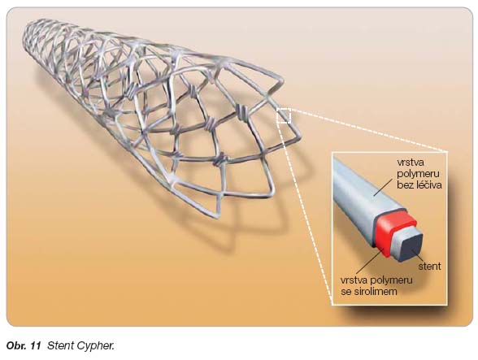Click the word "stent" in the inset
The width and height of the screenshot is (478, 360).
click(429, 267)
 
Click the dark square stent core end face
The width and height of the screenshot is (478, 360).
click(411, 249)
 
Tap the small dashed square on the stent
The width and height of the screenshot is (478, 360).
click(284, 115)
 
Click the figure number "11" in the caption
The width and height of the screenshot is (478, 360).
click(36, 346)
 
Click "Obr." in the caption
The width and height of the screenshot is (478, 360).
click(17, 346)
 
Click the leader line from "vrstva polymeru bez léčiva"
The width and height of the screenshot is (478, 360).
click(383, 186)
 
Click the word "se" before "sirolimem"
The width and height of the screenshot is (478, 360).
click(346, 292)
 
